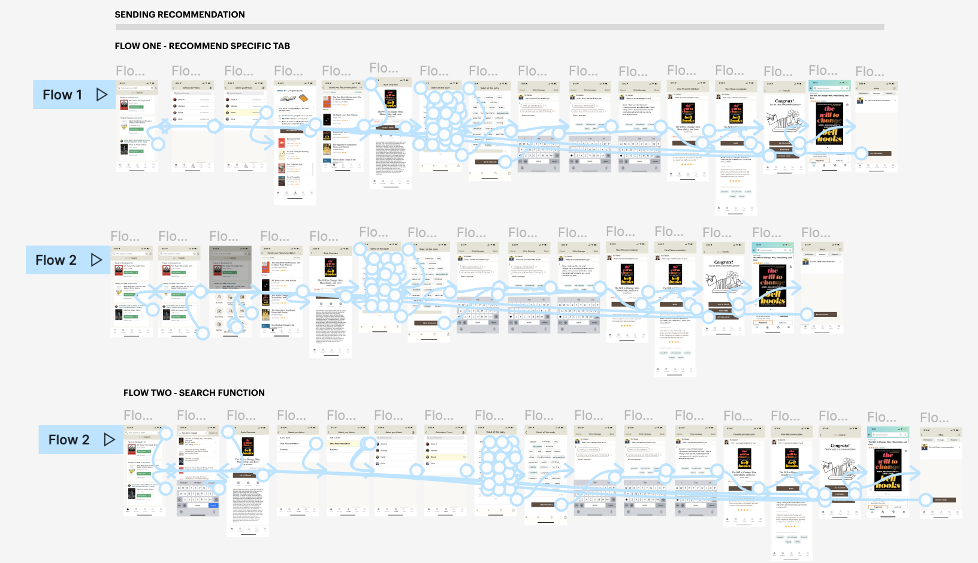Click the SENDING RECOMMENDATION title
(x=180, y=14)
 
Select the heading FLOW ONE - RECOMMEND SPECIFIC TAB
(x=203, y=46)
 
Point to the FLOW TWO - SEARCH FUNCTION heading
(x=194, y=393)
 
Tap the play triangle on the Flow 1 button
(x=102, y=95)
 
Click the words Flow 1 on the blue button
(x=62, y=95)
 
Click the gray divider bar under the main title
(x=499, y=27)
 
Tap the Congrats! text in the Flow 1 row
(x=784, y=101)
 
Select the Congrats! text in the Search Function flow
(x=840, y=446)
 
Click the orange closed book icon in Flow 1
(x=303, y=98)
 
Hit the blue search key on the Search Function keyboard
(x=213, y=506)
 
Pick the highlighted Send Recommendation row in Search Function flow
(x=348, y=444)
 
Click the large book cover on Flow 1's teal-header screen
(x=829, y=123)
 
